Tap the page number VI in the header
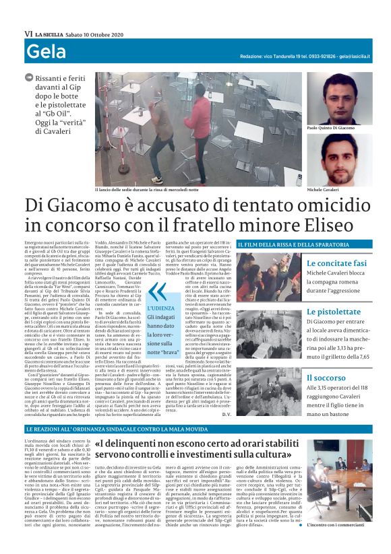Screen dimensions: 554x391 coord(28,34)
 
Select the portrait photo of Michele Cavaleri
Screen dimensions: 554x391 coord(339,160)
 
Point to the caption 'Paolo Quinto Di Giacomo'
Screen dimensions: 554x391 coord(330,127)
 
